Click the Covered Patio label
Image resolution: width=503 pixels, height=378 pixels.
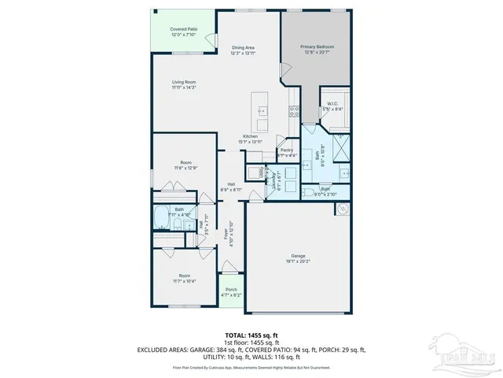pos(184,31)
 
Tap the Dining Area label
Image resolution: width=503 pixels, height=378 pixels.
pos(243,50)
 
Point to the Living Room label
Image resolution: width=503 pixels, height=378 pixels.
pos(185,85)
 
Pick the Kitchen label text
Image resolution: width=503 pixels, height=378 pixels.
pos(251,139)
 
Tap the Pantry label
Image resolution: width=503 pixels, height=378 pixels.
pos(287,153)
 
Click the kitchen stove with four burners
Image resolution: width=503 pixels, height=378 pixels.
pos(294,112)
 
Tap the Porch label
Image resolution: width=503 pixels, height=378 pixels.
pos(231,291)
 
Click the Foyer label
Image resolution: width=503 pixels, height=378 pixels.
pos(229,234)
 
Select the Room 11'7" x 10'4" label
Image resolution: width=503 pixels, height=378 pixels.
pos(185,278)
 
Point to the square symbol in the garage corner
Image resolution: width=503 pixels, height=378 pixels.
pos(342,209)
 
